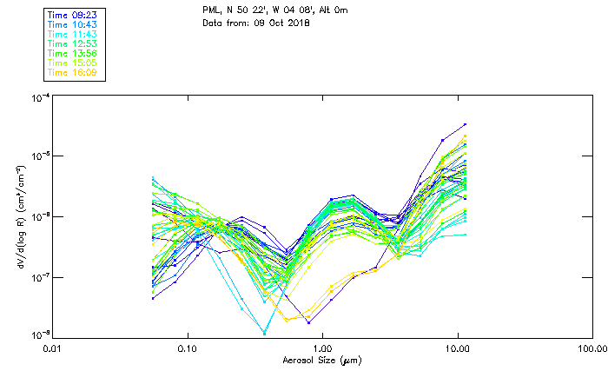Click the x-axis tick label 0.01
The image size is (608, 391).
[53, 348]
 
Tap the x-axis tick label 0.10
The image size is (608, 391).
[188, 348]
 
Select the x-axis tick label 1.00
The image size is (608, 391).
[322, 348]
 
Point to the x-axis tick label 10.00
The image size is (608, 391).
[457, 348]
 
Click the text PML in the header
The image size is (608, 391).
[211, 10]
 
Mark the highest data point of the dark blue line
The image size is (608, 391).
[466, 124]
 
